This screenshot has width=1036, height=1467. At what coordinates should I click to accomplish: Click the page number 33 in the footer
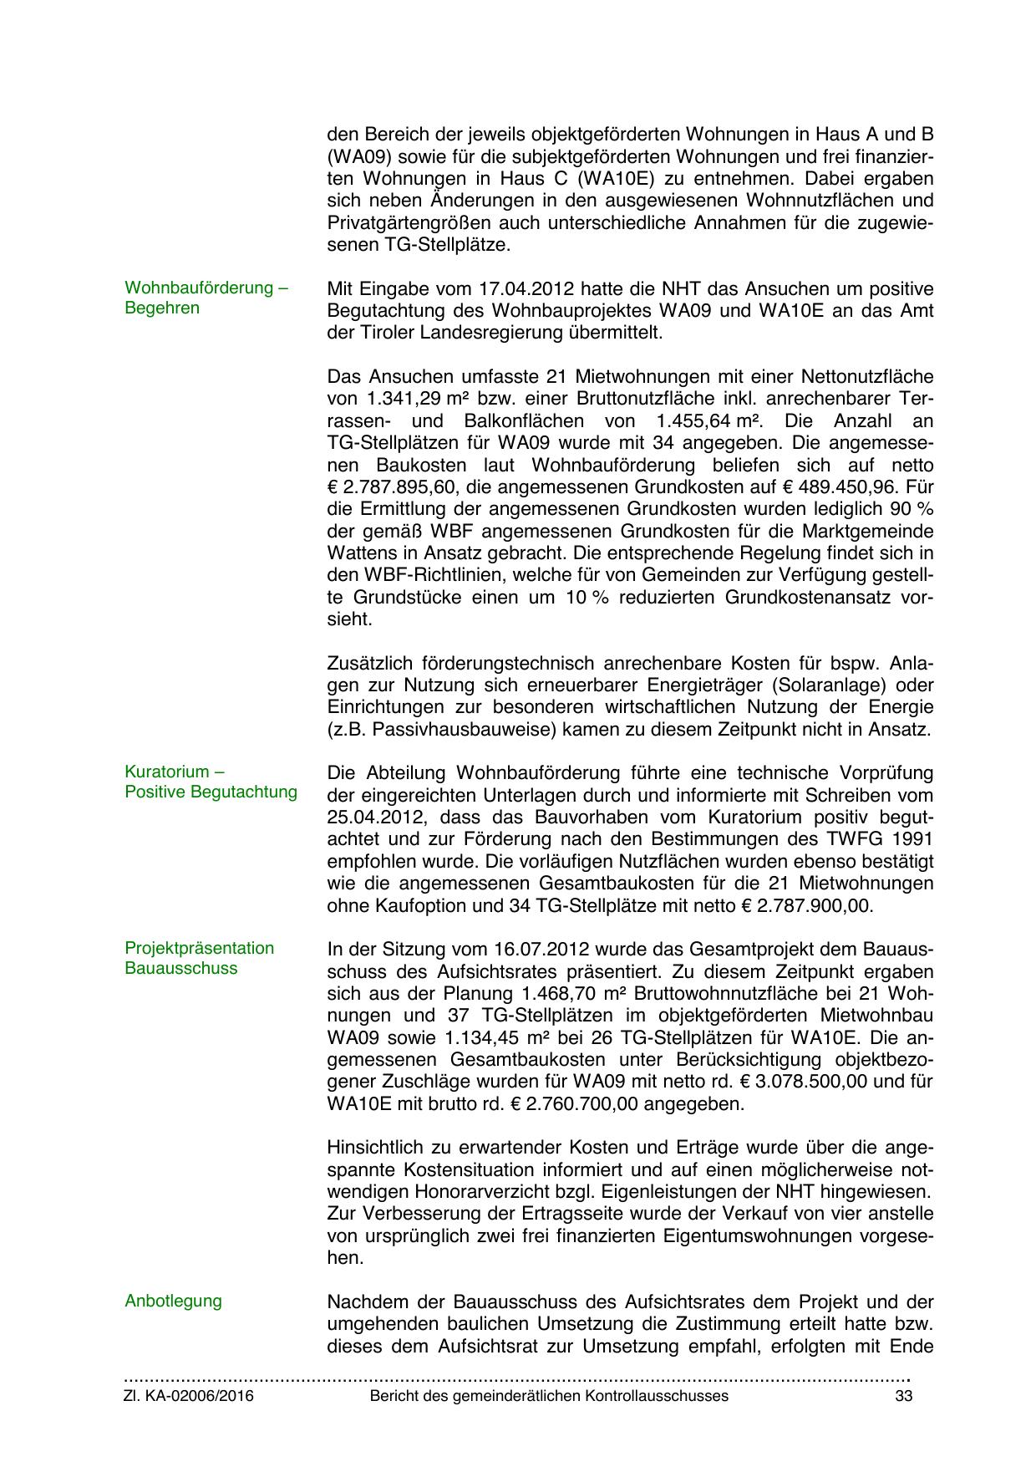(903, 1396)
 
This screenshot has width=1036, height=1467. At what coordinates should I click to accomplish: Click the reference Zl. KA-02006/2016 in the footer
(190, 1396)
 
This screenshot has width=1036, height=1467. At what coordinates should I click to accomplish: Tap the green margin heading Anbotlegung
(173, 1301)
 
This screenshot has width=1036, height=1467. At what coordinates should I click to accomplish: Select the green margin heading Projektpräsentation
(199, 948)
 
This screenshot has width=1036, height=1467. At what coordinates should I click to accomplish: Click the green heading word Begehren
(162, 308)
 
